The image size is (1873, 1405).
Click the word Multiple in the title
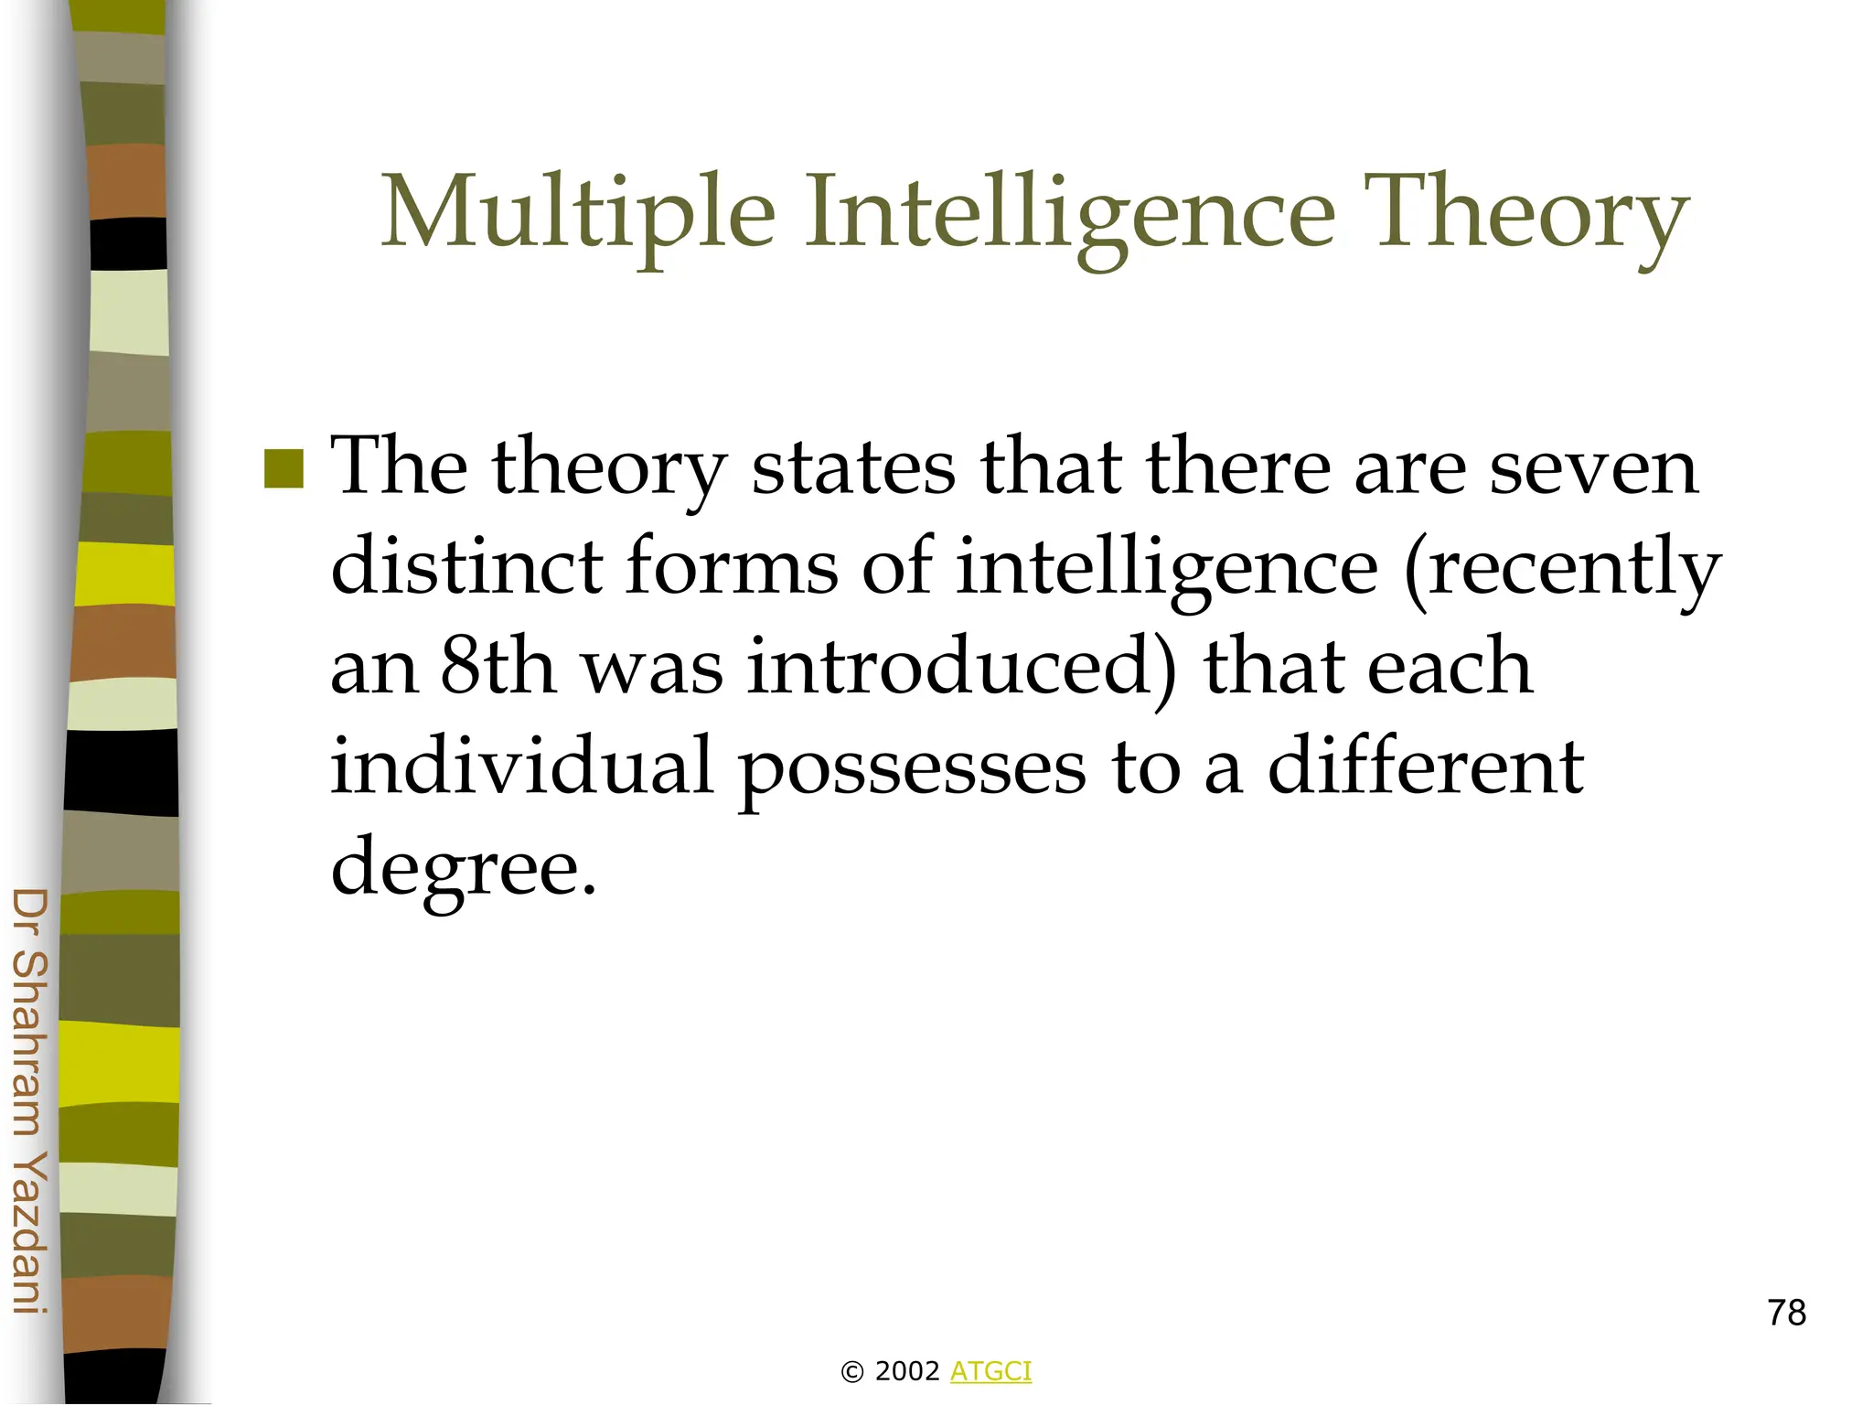click(578, 213)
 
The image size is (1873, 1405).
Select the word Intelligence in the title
click(1069, 213)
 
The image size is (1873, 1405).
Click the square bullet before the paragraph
click(284, 468)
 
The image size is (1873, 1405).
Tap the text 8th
click(498, 666)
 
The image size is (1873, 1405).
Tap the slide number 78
click(1786, 1313)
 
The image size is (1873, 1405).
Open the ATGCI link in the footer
click(990, 1371)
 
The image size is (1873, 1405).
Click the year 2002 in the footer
click(907, 1371)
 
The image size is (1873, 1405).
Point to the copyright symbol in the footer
click(851, 1372)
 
